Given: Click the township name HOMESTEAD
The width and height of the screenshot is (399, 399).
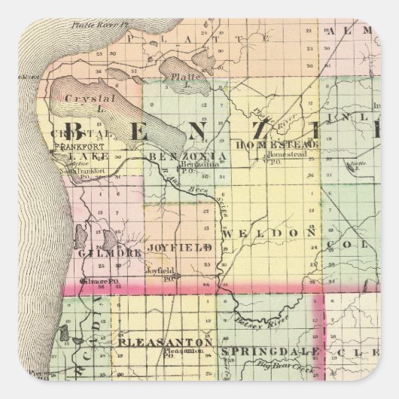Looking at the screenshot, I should (268, 144).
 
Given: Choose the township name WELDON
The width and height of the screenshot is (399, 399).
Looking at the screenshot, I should (268, 234).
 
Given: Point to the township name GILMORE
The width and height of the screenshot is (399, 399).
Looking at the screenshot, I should (109, 254).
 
